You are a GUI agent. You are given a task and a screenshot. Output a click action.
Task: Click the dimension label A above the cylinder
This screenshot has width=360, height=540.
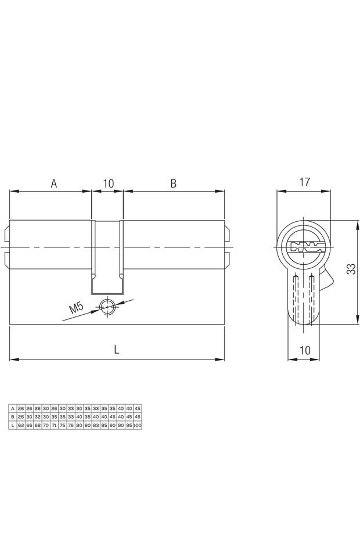coord(53,183)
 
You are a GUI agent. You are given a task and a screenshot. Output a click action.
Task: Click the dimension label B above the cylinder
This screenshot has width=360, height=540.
coord(173,183)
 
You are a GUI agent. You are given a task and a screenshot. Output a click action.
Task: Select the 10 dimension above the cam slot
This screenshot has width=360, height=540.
coord(107,183)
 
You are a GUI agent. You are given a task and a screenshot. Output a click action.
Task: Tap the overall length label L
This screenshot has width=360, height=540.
coord(117,350)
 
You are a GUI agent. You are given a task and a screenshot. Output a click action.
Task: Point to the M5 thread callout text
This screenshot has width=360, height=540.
coord(77,308)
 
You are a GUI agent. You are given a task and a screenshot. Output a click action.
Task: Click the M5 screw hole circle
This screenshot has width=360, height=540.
coord(107,307)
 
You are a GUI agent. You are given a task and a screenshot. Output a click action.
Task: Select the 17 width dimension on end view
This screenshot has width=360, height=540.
coord(304,182)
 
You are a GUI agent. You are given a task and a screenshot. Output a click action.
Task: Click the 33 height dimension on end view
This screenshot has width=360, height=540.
coord(351,271)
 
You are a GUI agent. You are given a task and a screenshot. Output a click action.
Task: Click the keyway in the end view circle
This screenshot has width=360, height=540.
coord(304,246)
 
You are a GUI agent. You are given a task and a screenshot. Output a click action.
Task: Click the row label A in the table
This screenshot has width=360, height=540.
coord(13,409)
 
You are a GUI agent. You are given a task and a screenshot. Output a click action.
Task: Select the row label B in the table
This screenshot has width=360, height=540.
coord(13,417)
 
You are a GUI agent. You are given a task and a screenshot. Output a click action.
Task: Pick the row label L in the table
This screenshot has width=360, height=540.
coord(13,425)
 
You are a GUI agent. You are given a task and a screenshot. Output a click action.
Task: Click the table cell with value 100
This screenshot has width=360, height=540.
coord(137,425)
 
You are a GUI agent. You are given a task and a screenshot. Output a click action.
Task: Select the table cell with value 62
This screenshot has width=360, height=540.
coord(21,425)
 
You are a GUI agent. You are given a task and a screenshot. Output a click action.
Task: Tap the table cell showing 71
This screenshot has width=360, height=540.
coord(54,425)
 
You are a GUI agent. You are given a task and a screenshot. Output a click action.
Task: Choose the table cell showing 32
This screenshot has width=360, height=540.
coord(37,417)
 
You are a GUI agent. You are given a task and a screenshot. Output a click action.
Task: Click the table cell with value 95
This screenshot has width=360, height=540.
coord(129,425)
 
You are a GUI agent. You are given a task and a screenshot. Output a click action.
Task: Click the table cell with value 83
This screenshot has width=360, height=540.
coord(96,425)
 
